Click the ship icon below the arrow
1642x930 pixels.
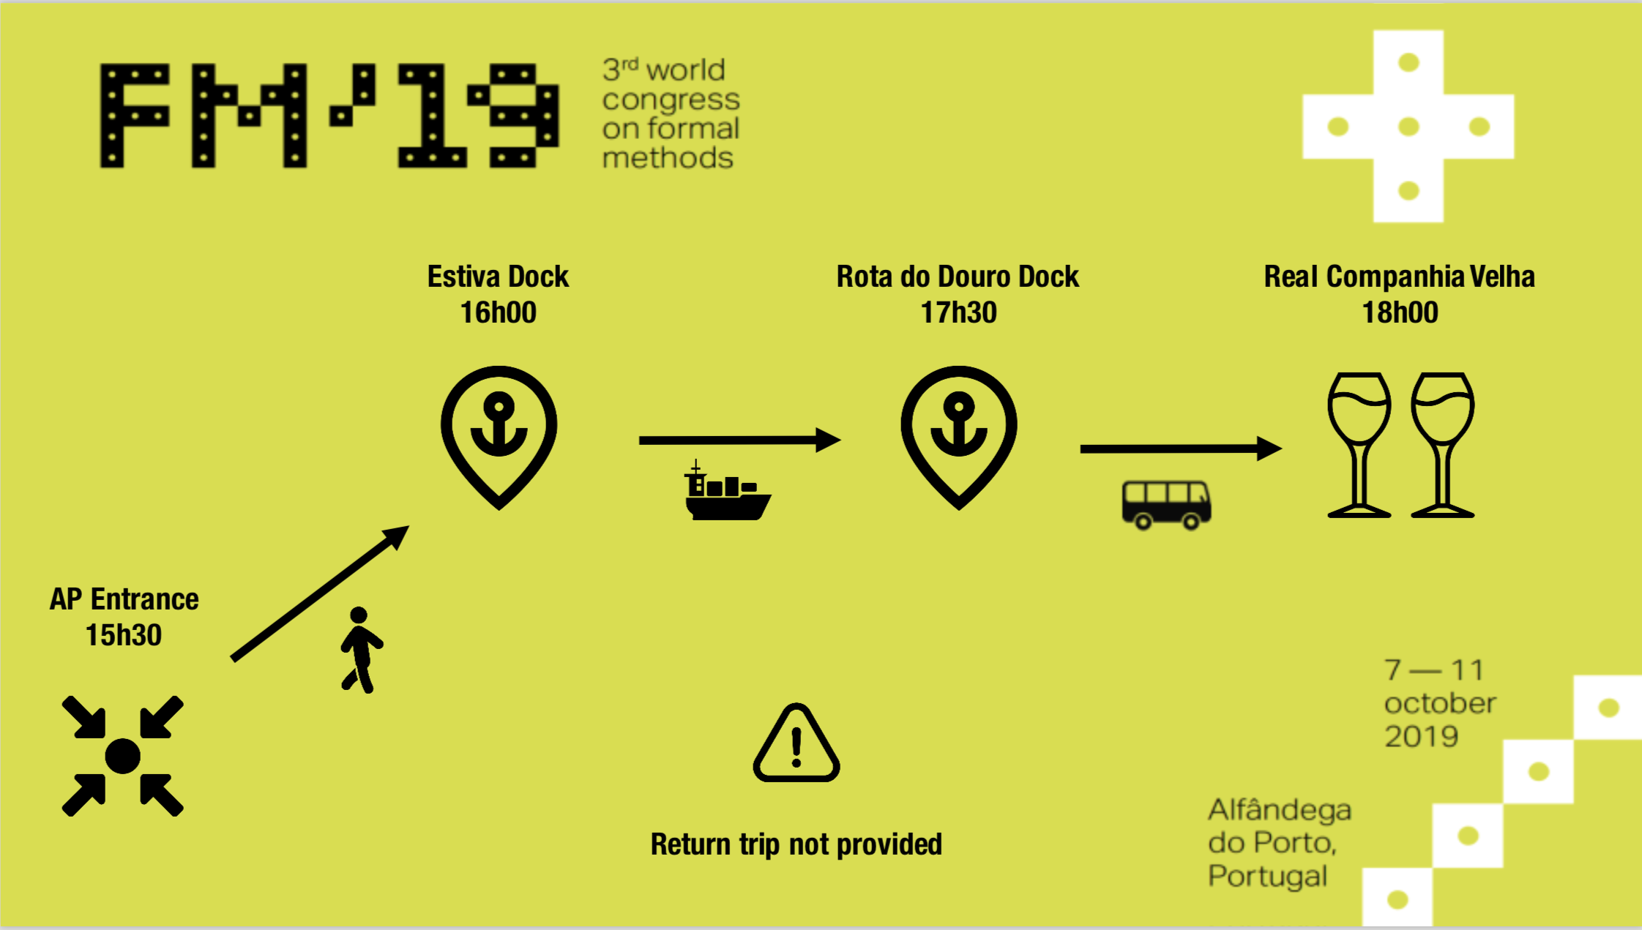[x=728, y=492]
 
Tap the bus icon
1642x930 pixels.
[x=1166, y=504]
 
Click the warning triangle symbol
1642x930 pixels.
[x=796, y=743]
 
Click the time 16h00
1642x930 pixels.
[x=498, y=312]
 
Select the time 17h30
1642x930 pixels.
[x=958, y=312]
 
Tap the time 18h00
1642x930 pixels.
[x=1400, y=312]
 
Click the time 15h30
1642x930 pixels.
[x=124, y=635]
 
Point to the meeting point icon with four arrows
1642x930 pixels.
[x=122, y=756]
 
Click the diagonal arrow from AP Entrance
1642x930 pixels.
[x=320, y=593]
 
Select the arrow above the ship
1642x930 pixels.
[x=739, y=440]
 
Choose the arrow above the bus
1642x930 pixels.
[x=1180, y=449]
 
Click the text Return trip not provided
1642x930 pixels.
[x=796, y=844]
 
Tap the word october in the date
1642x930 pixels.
[x=1440, y=703]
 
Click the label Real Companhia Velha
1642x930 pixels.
[x=1399, y=277]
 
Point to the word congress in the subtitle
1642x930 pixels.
[x=671, y=100]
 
